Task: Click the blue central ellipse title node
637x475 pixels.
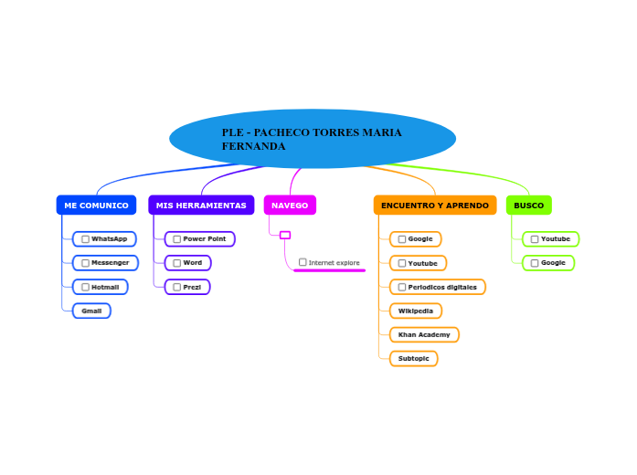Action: click(x=313, y=139)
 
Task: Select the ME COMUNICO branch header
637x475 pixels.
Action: click(x=96, y=206)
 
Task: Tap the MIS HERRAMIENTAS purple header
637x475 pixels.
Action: click(x=201, y=206)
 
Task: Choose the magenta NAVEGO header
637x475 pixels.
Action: click(x=290, y=206)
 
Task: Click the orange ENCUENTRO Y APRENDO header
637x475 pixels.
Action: click(x=435, y=206)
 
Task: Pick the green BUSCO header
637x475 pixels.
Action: click(x=528, y=206)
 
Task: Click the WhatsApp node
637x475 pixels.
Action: click(x=104, y=239)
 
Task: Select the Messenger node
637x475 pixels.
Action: click(x=105, y=263)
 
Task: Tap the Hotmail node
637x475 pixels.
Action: click(x=101, y=287)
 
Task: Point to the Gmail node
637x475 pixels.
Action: click(x=91, y=311)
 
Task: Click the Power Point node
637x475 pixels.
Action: click(x=199, y=239)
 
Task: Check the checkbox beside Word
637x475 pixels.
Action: click(x=177, y=263)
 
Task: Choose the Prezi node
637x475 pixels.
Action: click(x=187, y=287)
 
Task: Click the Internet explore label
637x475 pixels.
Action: click(x=334, y=263)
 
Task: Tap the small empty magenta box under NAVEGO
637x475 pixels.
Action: click(x=285, y=235)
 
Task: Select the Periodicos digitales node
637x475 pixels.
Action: click(x=438, y=287)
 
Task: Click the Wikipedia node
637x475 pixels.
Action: click(x=416, y=311)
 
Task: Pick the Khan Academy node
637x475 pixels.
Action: click(x=424, y=334)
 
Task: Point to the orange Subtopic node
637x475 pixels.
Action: click(x=414, y=358)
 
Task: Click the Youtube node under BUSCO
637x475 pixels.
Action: click(x=550, y=239)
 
